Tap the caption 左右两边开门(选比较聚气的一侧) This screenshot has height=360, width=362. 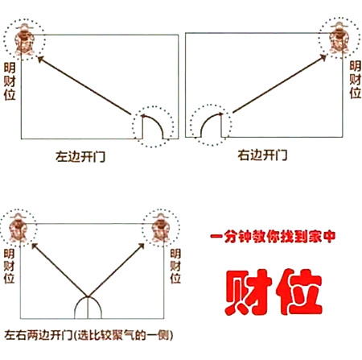coord(89,335)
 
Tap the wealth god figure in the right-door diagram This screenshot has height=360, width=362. coord(335,38)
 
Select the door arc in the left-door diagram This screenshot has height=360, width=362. coord(152,125)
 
